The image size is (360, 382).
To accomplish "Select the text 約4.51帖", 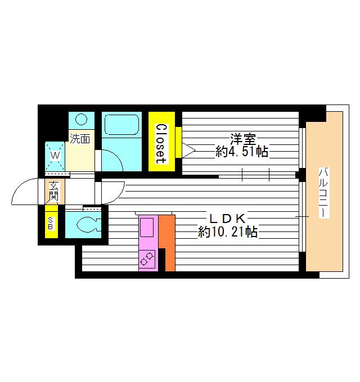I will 241,151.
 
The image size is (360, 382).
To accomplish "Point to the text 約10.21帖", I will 227,231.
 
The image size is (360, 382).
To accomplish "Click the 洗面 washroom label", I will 80,138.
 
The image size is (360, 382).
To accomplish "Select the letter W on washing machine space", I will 56,154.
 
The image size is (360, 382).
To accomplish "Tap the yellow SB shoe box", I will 51,222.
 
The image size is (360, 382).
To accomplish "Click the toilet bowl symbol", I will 89,224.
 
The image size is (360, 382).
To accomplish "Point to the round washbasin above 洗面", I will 82,120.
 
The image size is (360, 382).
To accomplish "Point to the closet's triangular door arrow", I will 188,149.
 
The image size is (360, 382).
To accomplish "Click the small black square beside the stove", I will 162,260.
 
